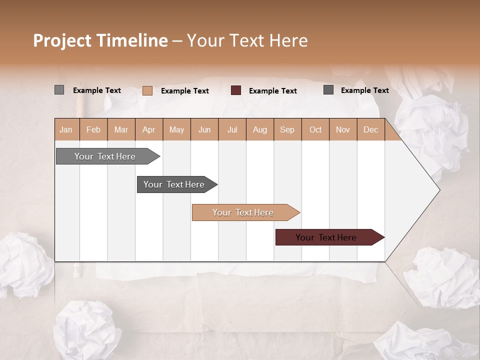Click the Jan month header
[x=66, y=129]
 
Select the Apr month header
[x=149, y=129]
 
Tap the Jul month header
[x=232, y=129]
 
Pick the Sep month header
[x=287, y=129]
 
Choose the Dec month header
[x=370, y=129]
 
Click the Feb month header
[x=93, y=129]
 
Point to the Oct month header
[x=315, y=129]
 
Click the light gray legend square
[x=59, y=90]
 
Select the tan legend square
[x=147, y=90]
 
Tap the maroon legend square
[x=236, y=90]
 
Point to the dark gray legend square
[x=328, y=90]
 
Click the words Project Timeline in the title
[x=100, y=40]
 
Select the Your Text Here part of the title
[x=247, y=40]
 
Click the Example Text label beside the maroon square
[x=273, y=91]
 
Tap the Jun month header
[x=204, y=129]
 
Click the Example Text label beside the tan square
[x=185, y=91]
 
